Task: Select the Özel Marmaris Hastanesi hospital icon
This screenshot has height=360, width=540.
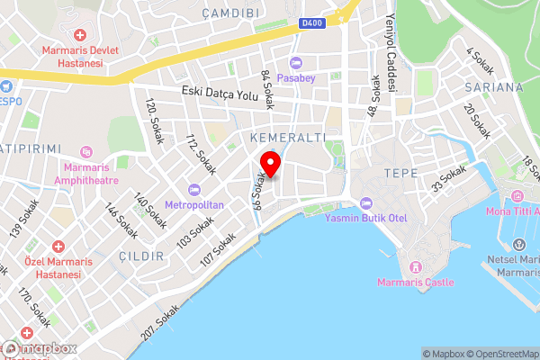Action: point(58,247)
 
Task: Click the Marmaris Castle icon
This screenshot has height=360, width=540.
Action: point(416,267)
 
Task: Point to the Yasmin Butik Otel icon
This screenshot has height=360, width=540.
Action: point(365,202)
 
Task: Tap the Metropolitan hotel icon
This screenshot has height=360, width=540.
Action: point(194,190)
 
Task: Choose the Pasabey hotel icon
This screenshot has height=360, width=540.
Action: point(296,62)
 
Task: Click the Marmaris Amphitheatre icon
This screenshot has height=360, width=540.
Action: point(86,152)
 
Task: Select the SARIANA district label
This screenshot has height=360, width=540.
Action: point(494,87)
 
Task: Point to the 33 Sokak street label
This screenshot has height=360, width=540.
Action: point(449,178)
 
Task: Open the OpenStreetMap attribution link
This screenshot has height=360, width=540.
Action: point(500,354)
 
